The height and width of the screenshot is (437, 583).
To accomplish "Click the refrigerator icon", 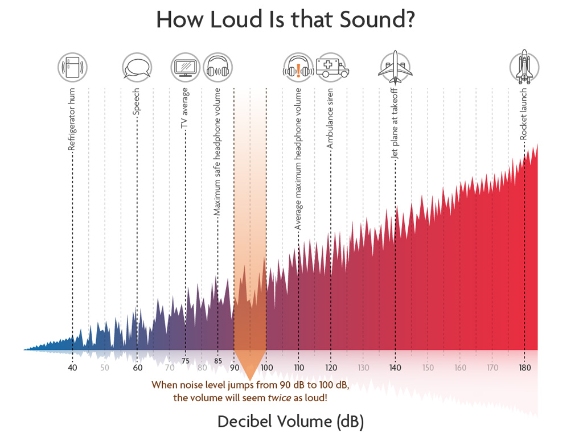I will (x=72, y=68).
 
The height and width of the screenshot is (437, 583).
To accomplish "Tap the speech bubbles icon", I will (x=137, y=68).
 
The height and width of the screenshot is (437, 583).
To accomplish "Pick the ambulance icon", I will (x=332, y=68).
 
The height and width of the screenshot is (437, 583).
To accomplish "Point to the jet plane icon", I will (x=395, y=68).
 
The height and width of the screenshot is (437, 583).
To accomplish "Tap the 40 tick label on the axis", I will (x=72, y=368).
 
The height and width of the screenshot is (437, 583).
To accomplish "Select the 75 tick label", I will (x=186, y=361).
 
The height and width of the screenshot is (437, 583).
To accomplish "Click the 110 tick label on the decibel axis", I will (x=298, y=368).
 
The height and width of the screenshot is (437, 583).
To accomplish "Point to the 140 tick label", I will (x=395, y=368).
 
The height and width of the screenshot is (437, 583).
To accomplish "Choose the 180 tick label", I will (x=524, y=368).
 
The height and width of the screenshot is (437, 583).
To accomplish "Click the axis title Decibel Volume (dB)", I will (x=290, y=422).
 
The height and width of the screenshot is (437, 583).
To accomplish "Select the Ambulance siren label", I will (x=330, y=119).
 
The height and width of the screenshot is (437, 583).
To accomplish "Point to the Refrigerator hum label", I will (x=72, y=119).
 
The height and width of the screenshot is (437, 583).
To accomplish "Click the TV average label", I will (x=185, y=109).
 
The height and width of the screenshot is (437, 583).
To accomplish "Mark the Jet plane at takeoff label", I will (x=395, y=123).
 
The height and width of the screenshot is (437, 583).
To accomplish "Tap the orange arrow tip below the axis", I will (x=250, y=378).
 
